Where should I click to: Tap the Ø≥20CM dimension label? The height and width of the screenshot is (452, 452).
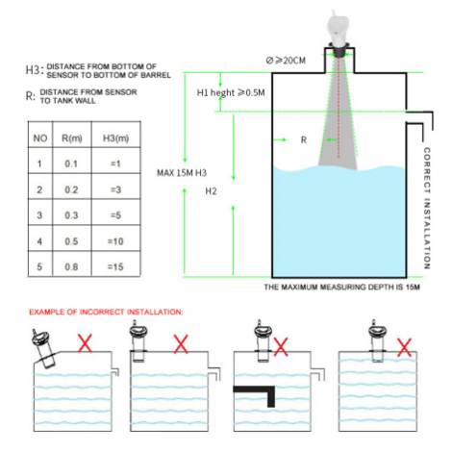(x=286, y=61)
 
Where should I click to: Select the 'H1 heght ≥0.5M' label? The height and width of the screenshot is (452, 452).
(x=231, y=93)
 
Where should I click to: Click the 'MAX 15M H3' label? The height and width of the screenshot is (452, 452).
(x=182, y=173)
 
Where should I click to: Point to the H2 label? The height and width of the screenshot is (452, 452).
(x=211, y=191)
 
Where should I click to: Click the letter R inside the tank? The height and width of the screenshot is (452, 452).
(x=304, y=140)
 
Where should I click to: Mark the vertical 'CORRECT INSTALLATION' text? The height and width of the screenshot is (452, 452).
(x=427, y=209)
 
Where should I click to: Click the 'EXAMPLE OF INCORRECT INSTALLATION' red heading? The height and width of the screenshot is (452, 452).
(x=106, y=312)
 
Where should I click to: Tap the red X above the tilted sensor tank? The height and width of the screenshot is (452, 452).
(x=85, y=343)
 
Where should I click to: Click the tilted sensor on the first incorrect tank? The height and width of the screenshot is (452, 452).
(x=43, y=348)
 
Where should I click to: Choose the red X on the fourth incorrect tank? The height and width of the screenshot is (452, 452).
(x=404, y=347)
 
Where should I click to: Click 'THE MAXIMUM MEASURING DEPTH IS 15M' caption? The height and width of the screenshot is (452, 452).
(x=341, y=287)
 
